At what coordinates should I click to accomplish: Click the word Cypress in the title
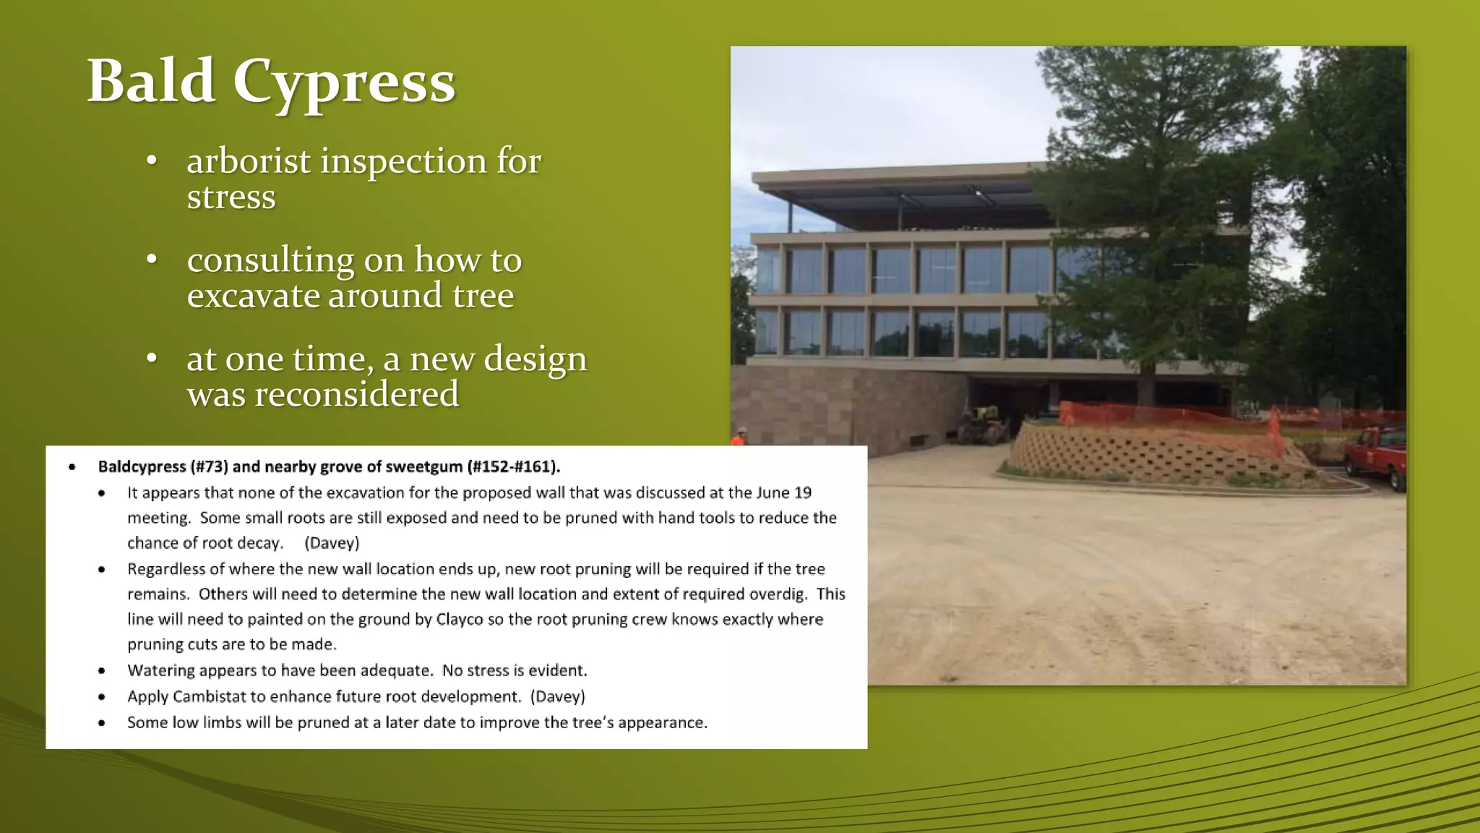click(x=343, y=82)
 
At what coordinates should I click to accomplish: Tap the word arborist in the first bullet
click(x=249, y=161)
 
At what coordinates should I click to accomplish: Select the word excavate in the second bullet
click(x=253, y=295)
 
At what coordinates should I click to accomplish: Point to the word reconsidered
click(x=322, y=395)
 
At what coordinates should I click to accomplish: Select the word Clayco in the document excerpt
click(x=459, y=619)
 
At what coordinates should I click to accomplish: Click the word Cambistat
click(x=210, y=696)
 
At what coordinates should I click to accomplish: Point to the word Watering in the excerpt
click(x=160, y=670)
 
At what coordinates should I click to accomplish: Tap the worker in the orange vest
click(x=739, y=436)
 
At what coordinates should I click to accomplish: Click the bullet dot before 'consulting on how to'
click(x=152, y=260)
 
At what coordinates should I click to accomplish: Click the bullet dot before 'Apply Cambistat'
click(x=102, y=697)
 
